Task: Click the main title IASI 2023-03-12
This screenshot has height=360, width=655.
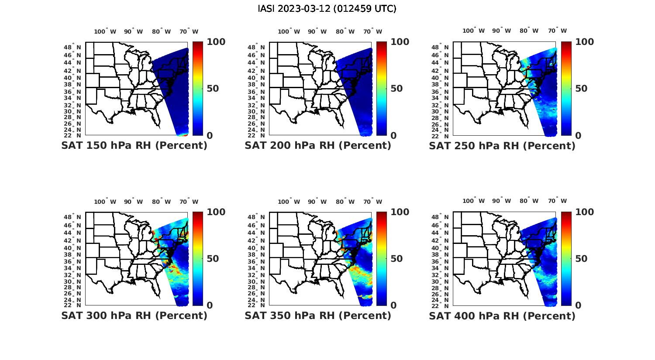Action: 327,9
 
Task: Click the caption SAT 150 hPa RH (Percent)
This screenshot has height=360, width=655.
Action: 134,146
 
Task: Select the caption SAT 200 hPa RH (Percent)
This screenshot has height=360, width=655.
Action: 318,146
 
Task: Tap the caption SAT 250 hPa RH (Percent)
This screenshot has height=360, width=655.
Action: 502,146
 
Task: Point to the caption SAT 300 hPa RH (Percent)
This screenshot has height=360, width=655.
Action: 134,315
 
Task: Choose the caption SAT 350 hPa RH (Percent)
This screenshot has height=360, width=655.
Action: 318,315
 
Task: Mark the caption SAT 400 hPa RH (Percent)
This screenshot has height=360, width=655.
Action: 502,315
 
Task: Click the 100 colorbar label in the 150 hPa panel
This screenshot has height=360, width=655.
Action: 216,42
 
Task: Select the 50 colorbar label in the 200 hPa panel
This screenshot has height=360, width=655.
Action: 396,89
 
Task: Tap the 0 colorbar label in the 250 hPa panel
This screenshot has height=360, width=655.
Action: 579,136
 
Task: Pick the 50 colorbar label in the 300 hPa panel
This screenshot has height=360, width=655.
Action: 213,259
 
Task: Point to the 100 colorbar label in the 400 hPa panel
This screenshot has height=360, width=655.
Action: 585,212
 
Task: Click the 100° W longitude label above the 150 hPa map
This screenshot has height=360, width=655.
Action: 105,31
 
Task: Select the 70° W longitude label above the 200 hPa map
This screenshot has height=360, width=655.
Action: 373,31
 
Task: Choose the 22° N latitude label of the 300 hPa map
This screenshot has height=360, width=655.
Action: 76,305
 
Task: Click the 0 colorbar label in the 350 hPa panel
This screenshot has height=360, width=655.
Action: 393,305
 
